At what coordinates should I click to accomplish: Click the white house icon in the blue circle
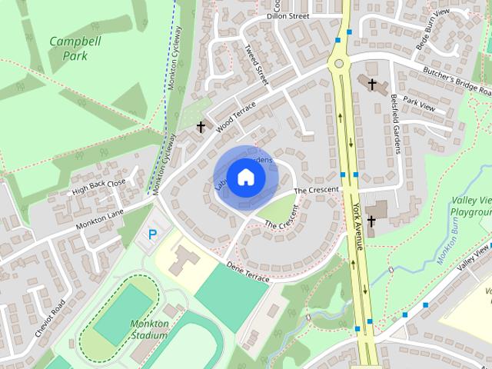coord(245,177)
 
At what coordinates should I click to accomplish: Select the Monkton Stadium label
coord(149,329)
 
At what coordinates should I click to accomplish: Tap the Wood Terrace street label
coord(234,118)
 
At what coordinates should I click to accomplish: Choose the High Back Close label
coord(98,187)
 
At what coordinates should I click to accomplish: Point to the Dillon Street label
coord(288,15)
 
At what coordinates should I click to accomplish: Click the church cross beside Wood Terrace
coord(201,127)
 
